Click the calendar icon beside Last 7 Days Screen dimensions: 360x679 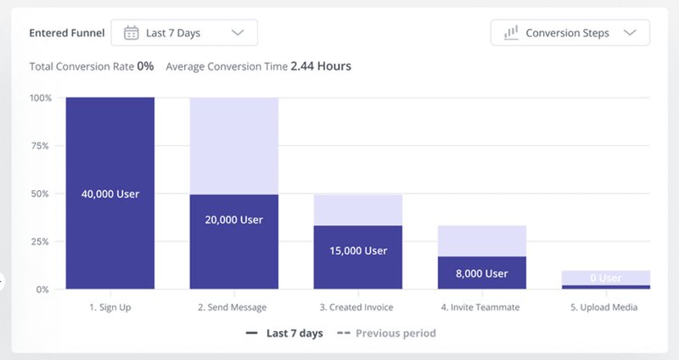[132, 33]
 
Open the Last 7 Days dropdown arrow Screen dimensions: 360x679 [238, 33]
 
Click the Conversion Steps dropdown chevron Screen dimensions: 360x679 [629, 33]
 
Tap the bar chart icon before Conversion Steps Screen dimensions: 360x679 [511, 33]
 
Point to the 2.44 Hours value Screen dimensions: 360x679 [321, 65]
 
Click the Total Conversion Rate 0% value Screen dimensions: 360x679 [145, 65]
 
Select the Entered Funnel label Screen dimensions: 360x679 [67, 33]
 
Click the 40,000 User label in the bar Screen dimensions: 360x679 [110, 194]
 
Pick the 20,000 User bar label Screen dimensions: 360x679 [234, 219]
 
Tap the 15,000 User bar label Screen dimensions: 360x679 [358, 250]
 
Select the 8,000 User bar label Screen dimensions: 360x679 [482, 273]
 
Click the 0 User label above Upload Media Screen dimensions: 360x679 [606, 278]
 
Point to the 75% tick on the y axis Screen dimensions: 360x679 [41, 145]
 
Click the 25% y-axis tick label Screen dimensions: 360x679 [41, 241]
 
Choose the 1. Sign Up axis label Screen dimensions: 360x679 [110, 307]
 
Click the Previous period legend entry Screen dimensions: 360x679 [395, 334]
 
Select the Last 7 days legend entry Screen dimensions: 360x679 [294, 334]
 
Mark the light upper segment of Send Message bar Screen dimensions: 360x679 [234, 145]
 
